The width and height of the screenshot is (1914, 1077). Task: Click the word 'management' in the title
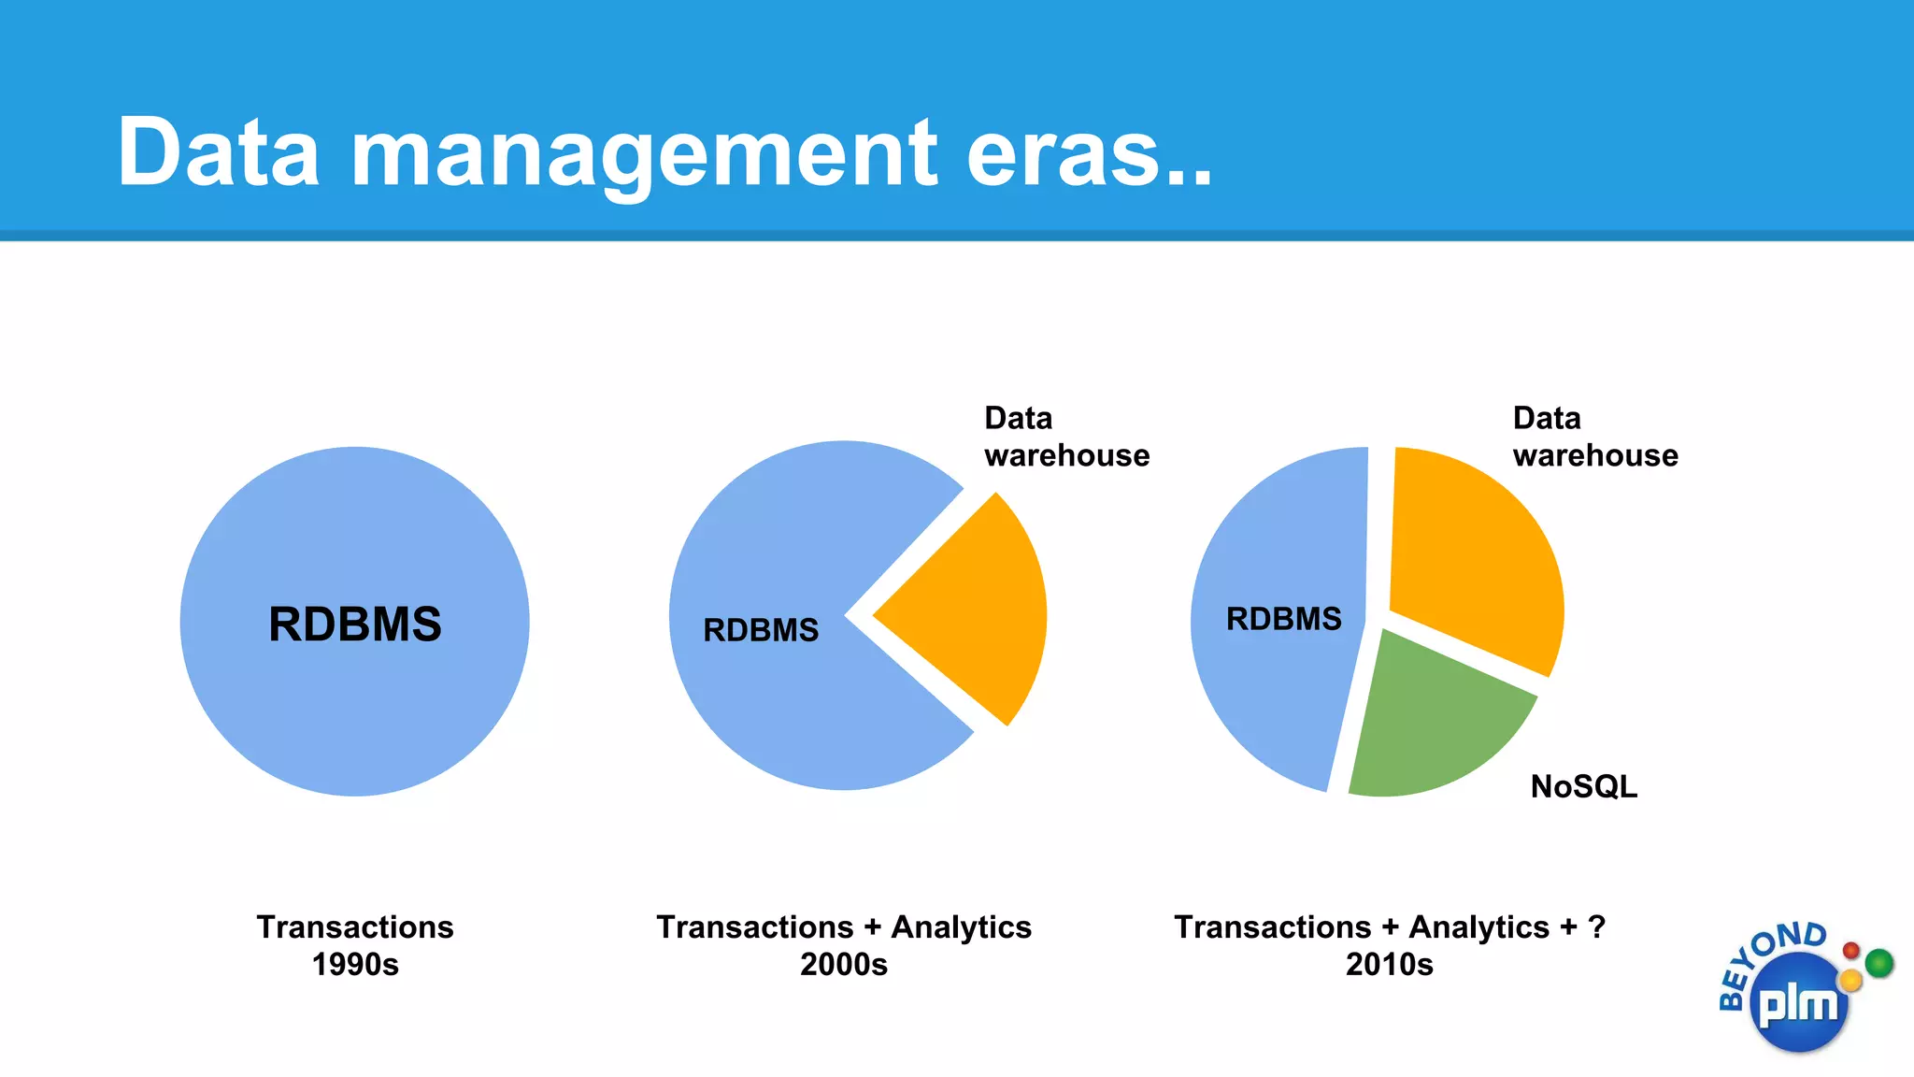[643, 155]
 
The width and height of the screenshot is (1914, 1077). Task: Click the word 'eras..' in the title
[1089, 153]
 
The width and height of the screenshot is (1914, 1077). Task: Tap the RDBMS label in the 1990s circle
[355, 625]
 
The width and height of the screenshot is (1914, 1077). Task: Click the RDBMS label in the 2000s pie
[761, 630]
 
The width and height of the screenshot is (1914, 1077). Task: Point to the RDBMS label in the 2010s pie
[1283, 619]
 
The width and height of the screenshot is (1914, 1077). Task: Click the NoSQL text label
[1583, 786]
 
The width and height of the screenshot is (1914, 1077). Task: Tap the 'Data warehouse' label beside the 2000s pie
[1066, 437]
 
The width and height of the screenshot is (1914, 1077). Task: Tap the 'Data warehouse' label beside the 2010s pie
[1594, 437]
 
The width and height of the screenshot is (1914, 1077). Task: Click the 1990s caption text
[355, 964]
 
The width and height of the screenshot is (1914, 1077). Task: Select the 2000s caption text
[843, 964]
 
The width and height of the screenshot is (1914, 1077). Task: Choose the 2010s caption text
[1389, 964]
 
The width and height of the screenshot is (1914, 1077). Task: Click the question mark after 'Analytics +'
[1596, 926]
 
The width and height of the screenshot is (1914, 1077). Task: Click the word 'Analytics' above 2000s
[961, 926]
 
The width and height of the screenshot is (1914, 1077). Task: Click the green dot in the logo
[1878, 962]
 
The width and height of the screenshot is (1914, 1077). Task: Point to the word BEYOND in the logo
[1766, 958]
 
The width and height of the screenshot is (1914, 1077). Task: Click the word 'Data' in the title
[219, 153]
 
